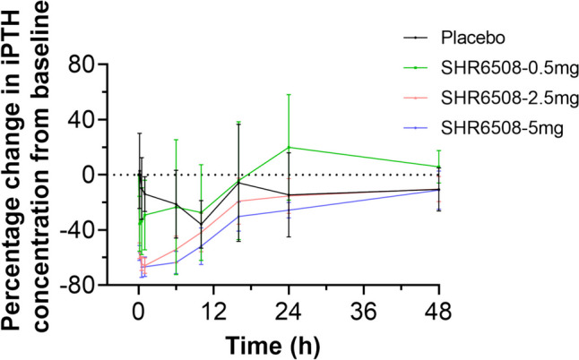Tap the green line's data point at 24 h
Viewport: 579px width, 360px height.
289,147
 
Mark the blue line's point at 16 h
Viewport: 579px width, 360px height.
238,217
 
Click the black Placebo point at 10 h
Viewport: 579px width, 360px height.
201,224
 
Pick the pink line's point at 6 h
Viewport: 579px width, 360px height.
176,249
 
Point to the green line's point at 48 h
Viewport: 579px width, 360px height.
438,167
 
